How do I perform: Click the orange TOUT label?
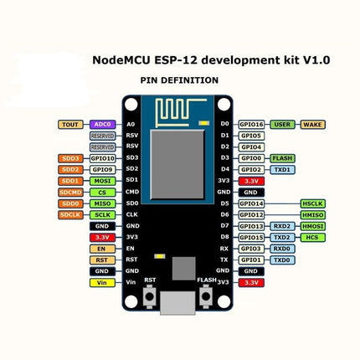pyautogui.click(x=69, y=125)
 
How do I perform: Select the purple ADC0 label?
pyautogui.click(x=102, y=125)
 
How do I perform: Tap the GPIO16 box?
pyautogui.click(x=251, y=124)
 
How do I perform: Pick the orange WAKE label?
pyautogui.click(x=312, y=124)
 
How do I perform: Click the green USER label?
pyautogui.click(x=284, y=124)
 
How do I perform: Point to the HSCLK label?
pyautogui.click(x=313, y=203)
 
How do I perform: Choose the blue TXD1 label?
pyautogui.click(x=282, y=169)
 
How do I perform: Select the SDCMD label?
pyautogui.click(x=69, y=192)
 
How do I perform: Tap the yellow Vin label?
pyautogui.click(x=102, y=283)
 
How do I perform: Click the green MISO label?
pyautogui.click(x=102, y=203)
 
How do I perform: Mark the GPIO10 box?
pyautogui.click(x=102, y=157)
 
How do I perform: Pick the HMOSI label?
pyautogui.click(x=313, y=226)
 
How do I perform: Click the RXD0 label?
pyautogui.click(x=282, y=249)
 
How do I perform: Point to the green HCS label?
pyautogui.click(x=313, y=238)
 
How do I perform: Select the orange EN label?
pyautogui.click(x=102, y=249)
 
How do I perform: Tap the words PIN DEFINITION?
pyautogui.click(x=179, y=80)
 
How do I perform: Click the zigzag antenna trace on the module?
pyautogui.click(x=179, y=110)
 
